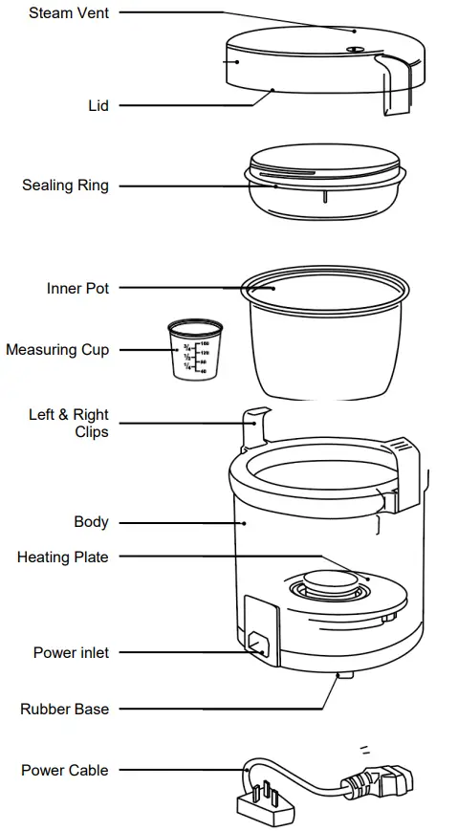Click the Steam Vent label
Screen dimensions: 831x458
68,12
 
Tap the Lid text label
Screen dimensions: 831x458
98,105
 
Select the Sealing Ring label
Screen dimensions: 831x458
65,186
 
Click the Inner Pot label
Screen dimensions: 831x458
77,288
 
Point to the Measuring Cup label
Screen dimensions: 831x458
57,350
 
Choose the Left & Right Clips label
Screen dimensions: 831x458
69,424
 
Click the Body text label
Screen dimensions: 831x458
91,522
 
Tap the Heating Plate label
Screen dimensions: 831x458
62,557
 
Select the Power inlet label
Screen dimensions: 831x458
71,653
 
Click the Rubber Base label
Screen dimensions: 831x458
64,710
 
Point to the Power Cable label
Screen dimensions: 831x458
64,770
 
